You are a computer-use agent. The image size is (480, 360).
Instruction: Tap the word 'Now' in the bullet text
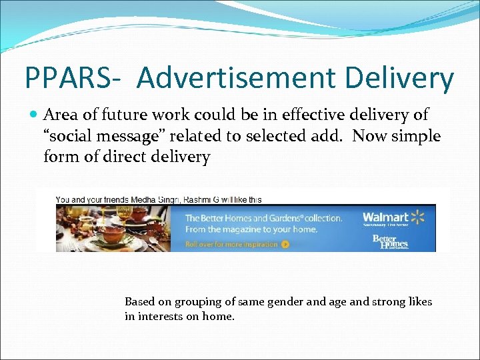pos(369,136)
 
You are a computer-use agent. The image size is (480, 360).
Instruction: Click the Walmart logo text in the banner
pos(385,217)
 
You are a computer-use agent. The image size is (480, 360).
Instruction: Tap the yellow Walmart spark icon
pos(417,217)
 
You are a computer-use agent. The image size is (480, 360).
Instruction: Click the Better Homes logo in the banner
pos(389,241)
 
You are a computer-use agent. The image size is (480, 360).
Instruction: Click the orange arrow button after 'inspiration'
pos(285,244)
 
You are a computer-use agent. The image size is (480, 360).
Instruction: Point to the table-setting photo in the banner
pos(112,228)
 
